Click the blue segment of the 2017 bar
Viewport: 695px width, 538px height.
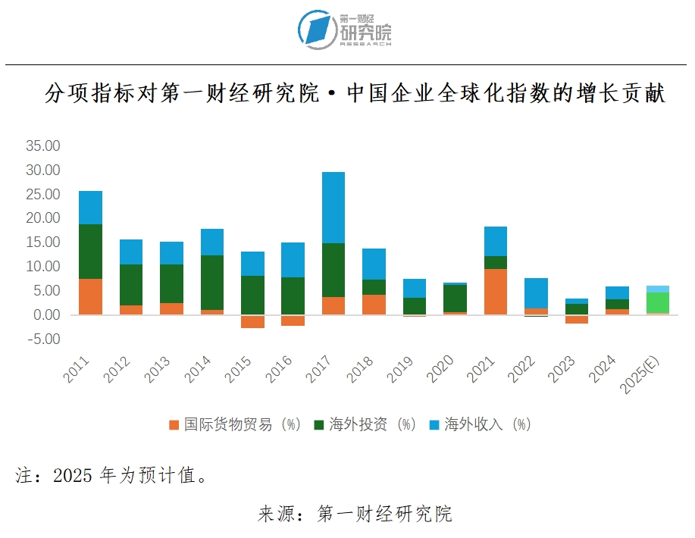[333, 208]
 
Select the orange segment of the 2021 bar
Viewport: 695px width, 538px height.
[496, 292]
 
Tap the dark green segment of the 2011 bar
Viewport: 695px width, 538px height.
[90, 252]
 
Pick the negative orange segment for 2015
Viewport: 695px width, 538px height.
[252, 322]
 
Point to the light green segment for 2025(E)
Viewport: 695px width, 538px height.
[658, 302]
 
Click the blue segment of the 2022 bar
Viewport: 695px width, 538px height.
[536, 292]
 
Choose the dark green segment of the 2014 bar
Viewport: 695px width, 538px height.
[211, 283]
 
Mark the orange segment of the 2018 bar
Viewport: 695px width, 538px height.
[374, 305]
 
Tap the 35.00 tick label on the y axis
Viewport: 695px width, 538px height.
[42, 145]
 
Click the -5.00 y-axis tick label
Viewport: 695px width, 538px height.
[42, 339]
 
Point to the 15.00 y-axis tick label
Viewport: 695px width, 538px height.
[42, 242]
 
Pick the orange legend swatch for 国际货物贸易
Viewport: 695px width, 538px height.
[174, 425]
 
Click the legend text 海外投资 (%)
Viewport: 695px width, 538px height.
[372, 424]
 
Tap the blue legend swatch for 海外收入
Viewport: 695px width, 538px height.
[434, 425]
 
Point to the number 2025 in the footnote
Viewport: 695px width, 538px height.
[74, 476]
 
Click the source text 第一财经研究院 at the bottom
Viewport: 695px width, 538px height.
[384, 514]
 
